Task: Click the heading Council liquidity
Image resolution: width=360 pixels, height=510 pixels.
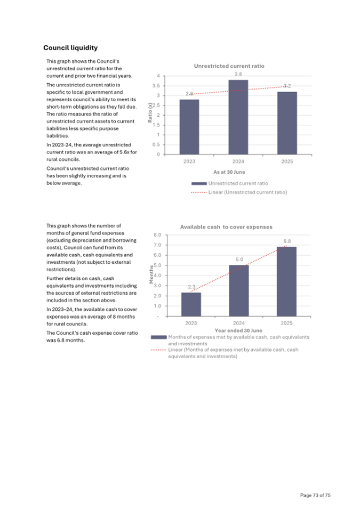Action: point(70,48)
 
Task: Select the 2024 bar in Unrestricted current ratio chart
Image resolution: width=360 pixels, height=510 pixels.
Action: point(238,117)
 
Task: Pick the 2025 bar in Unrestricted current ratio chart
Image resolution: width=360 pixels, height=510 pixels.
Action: point(286,123)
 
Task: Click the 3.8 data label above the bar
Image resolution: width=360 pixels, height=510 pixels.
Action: point(238,74)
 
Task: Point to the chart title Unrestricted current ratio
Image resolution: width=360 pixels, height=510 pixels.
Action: point(229,66)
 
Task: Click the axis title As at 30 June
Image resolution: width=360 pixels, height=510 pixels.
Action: point(229,172)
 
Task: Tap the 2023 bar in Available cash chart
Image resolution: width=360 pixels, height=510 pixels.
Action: point(191,304)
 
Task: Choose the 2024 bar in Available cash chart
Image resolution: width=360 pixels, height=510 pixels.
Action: point(238,290)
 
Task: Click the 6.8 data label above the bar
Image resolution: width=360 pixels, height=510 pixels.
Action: point(286,241)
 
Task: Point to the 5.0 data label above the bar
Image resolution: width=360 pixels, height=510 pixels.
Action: point(239,259)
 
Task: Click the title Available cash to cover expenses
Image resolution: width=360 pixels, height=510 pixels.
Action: point(226,226)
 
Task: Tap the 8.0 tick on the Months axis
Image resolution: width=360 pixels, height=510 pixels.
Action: point(158,235)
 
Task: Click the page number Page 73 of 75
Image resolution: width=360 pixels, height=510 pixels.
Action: point(315,496)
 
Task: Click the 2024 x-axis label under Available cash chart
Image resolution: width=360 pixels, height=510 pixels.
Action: point(238,323)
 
